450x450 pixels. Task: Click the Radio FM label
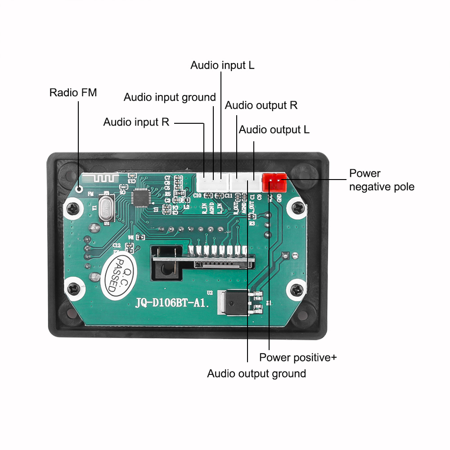(x=73, y=93)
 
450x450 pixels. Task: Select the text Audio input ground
(x=170, y=97)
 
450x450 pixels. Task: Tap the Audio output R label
(x=261, y=105)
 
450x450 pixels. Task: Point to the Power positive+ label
(x=298, y=358)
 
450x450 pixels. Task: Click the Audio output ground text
(x=256, y=373)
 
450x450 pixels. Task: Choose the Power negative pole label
(x=382, y=180)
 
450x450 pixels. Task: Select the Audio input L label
(x=222, y=65)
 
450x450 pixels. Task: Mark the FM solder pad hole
(x=80, y=189)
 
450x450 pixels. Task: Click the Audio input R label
(x=136, y=122)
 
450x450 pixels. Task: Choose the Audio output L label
(x=274, y=130)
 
